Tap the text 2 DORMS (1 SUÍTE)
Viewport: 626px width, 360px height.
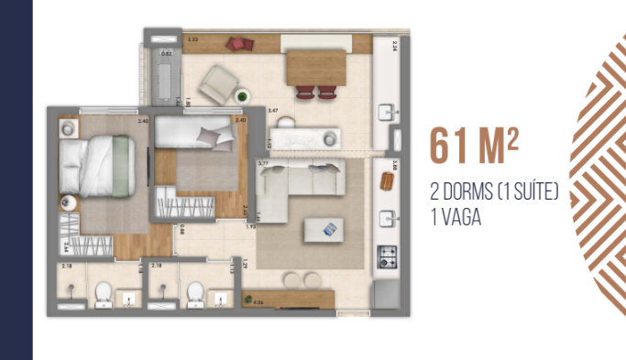point(494,194)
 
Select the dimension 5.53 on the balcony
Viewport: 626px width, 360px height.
point(193,41)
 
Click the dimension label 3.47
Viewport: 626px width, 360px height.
point(272,110)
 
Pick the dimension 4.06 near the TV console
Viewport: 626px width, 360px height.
point(258,300)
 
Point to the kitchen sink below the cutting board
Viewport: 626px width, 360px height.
point(389,218)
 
